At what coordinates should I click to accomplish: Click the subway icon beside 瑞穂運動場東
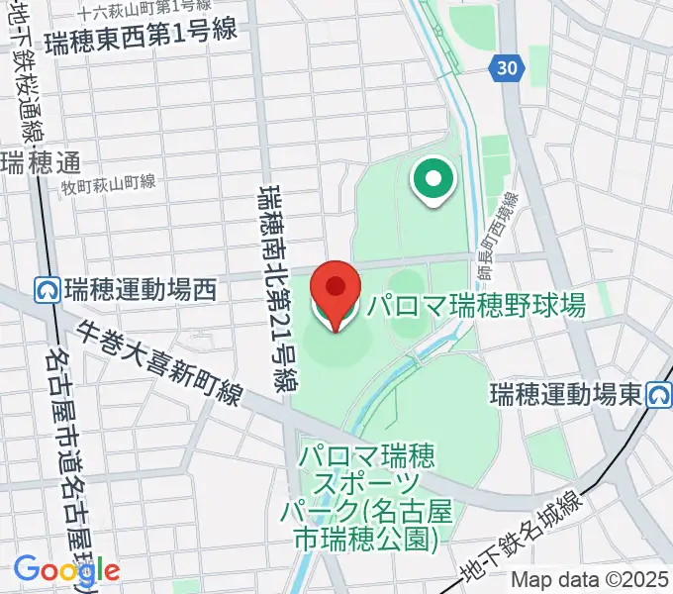coord(657,396)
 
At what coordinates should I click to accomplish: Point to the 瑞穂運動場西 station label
coord(140,290)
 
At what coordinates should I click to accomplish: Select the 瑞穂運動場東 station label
coord(567,396)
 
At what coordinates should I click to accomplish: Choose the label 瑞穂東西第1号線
coord(146,31)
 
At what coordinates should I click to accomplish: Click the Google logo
coord(65,569)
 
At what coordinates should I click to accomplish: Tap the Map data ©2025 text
coord(590,581)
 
